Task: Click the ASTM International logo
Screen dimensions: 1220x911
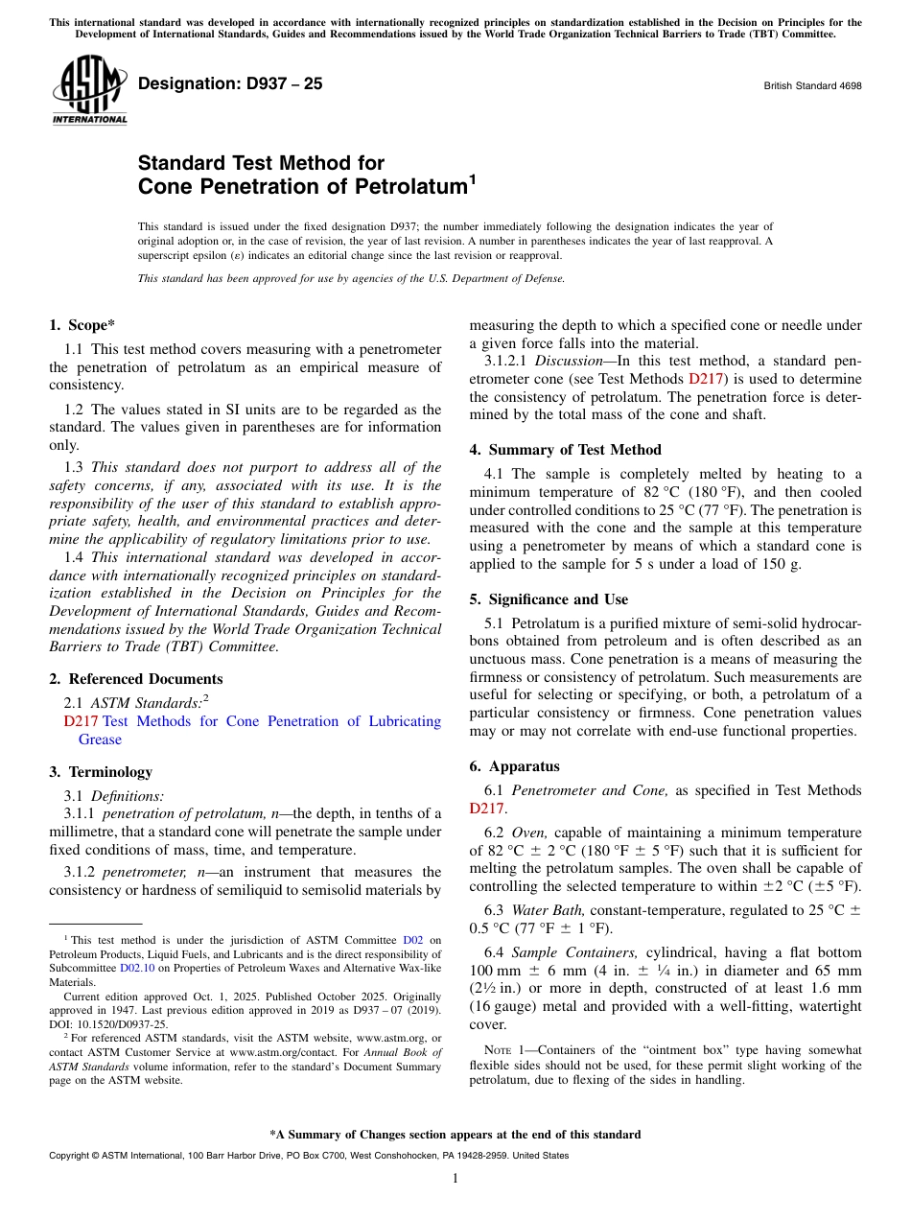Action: tap(89, 89)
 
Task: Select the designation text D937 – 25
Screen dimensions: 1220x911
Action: tap(230, 83)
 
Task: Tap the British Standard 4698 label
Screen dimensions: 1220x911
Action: tap(812, 85)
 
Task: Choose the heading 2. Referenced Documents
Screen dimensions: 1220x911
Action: tap(126, 679)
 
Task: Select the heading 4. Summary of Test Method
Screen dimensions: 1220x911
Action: tap(565, 450)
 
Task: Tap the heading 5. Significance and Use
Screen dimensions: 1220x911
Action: tap(549, 599)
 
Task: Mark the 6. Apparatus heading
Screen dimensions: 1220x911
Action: tap(514, 766)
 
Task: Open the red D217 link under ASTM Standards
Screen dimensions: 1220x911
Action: tap(81, 721)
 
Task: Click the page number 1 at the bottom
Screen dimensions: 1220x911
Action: tap(455, 1178)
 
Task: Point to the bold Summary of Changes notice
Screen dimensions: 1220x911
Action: tap(455, 1135)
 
